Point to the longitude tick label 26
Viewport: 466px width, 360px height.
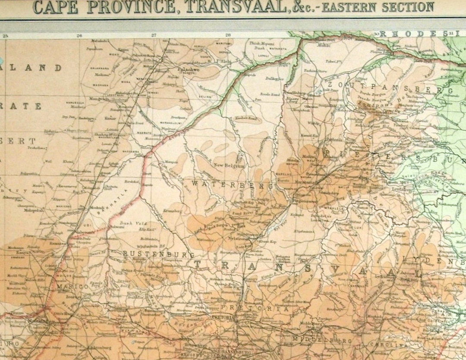[x=79, y=36]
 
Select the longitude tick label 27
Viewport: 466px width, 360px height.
[x=154, y=36]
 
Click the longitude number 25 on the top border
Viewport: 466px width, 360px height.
[x=5, y=36]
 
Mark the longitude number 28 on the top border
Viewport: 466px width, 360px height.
[x=228, y=36]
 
